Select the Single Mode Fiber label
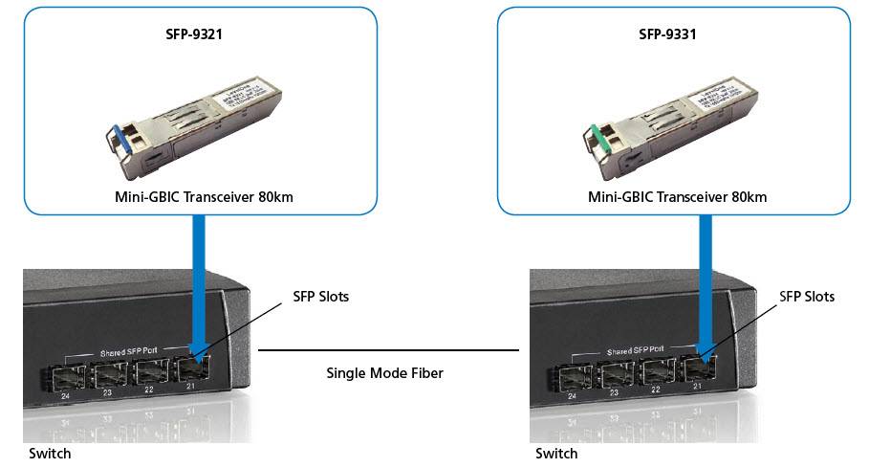[x=385, y=373]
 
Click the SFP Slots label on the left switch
[x=320, y=297]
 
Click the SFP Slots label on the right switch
[x=807, y=297]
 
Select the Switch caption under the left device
[x=50, y=454]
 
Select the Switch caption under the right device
[x=555, y=454]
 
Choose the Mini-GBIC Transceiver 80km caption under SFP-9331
[x=677, y=197]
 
